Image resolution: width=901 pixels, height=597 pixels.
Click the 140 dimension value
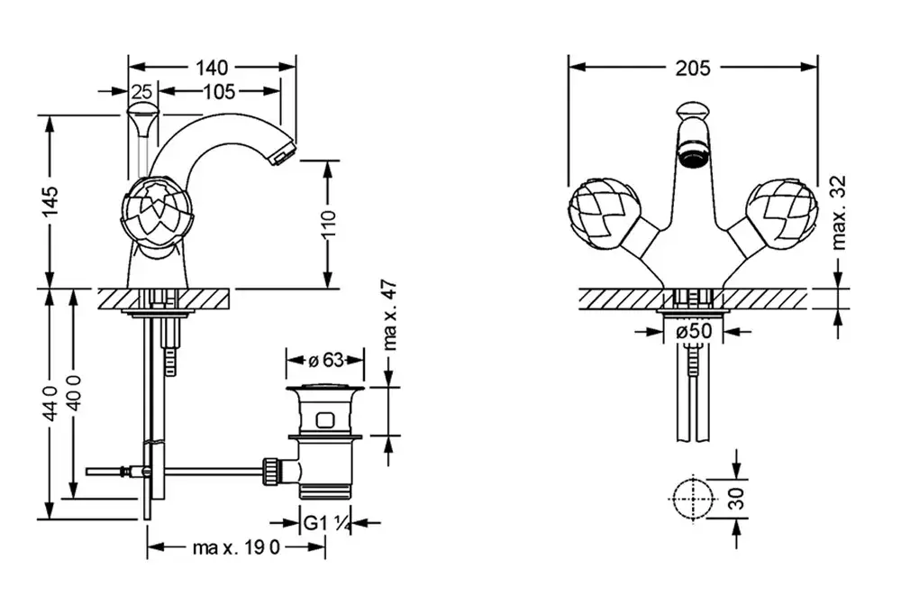click(213, 68)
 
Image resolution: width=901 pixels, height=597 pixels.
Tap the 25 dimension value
click(141, 91)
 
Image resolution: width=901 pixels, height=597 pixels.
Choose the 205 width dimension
click(692, 67)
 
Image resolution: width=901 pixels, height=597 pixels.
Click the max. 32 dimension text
click(840, 212)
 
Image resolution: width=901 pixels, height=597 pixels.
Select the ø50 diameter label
click(693, 332)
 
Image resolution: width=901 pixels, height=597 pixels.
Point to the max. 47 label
click(390, 315)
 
